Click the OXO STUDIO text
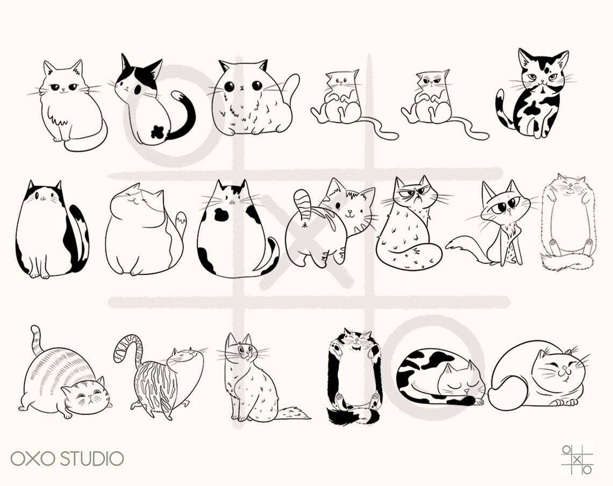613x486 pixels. pos(67,459)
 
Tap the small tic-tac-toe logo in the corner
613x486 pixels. pos(577,459)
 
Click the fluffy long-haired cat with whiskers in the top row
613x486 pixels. pos(69,105)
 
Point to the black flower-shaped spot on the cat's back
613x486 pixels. pos(158,131)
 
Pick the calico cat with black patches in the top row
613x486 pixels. pos(535,97)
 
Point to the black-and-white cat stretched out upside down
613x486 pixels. pos(354,376)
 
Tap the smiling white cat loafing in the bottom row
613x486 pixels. pos(538,376)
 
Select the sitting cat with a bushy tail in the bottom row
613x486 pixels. pos(250,382)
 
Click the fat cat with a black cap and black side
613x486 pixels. pos(51,231)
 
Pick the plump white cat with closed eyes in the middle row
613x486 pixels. pos(142,231)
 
